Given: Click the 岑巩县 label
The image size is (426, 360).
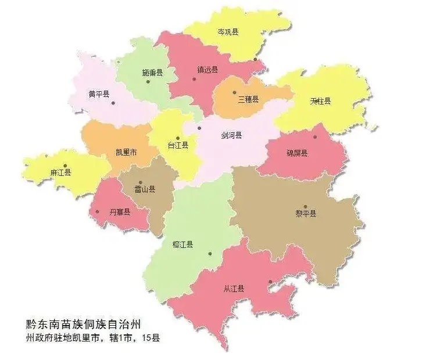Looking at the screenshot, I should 228,32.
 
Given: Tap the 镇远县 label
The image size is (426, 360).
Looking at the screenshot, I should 207,70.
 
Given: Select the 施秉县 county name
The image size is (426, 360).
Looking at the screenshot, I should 152,74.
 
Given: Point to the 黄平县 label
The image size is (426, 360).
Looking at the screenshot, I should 99,93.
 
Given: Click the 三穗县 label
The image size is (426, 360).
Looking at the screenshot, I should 249,99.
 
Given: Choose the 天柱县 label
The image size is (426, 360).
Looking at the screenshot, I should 320,101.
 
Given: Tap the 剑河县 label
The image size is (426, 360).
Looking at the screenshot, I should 231,135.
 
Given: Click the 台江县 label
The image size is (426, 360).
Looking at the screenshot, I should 178,145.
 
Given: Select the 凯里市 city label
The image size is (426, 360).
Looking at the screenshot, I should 127,153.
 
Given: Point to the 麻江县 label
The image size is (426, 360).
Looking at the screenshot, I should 61,172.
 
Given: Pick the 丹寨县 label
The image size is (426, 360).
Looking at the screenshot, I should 120,212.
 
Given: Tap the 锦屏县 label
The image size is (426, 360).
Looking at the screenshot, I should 297,153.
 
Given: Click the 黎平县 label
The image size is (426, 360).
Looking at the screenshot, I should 306,214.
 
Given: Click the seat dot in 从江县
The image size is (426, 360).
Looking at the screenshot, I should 270,283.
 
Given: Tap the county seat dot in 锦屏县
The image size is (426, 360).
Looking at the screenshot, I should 316,137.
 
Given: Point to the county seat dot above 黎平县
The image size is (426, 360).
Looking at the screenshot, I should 305,207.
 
